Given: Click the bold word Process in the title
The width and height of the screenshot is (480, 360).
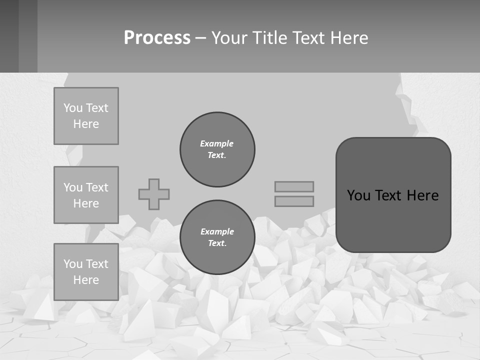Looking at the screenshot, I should [157, 38].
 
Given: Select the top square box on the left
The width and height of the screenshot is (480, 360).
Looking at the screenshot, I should [86, 116].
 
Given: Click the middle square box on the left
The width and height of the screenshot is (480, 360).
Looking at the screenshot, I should [86, 195].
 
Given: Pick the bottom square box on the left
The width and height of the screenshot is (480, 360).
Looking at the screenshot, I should [86, 272].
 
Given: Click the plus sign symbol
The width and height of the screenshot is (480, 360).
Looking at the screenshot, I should [154, 194].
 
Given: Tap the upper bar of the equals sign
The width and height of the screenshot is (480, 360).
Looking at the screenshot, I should [294, 186].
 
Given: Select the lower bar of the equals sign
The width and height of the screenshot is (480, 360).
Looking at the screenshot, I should [294, 201].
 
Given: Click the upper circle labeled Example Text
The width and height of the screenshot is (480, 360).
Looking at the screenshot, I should [217, 149].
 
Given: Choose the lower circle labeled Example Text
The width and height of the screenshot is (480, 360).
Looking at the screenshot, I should [217, 237].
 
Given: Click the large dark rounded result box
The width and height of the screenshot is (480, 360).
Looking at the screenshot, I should [393, 195].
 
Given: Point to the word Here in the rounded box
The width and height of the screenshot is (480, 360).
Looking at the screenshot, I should [422, 195].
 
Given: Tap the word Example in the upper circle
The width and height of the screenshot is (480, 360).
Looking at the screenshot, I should [217, 143].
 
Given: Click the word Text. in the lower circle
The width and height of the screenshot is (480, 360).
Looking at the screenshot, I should [217, 243].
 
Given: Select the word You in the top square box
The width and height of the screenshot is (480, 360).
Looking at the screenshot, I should [73, 108].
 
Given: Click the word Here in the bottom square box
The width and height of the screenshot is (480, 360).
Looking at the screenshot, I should [86, 280].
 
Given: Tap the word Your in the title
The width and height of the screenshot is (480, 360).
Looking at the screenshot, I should [228, 38].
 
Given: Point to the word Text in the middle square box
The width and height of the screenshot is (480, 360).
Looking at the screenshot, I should [97, 187].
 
